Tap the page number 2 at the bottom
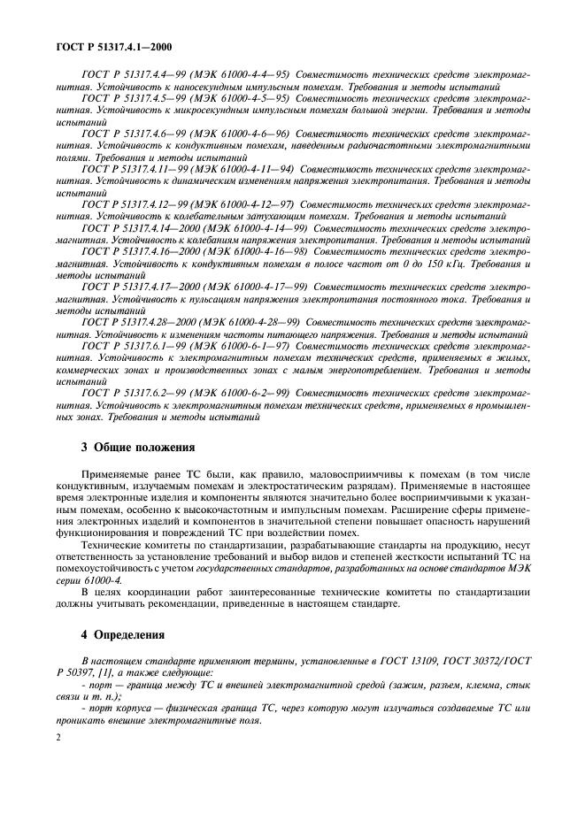click(58, 760)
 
